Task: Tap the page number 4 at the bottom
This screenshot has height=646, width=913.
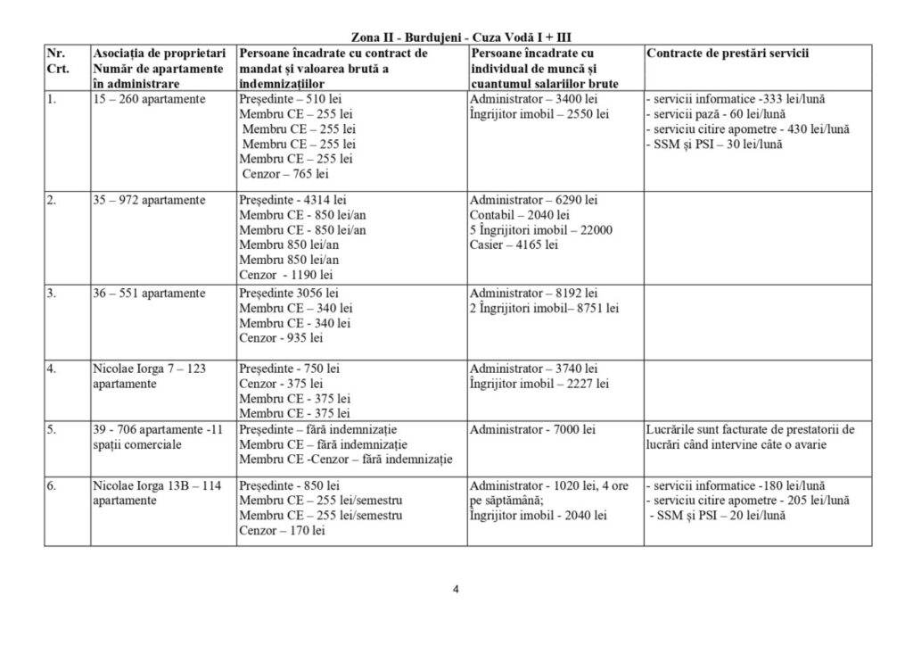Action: click(x=456, y=589)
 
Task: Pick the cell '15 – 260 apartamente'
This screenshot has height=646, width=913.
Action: click(x=149, y=98)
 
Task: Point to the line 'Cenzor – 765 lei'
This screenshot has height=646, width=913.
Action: click(x=285, y=174)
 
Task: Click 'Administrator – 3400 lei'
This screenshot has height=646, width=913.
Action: click(x=533, y=98)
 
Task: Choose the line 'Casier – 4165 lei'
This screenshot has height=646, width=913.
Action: click(x=515, y=244)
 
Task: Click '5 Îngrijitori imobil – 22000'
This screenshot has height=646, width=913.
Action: click(x=540, y=229)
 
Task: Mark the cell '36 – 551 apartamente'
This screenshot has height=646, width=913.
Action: click(x=149, y=293)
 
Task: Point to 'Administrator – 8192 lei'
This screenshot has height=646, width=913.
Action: click(x=533, y=293)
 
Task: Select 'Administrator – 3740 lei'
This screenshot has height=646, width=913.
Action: click(x=533, y=369)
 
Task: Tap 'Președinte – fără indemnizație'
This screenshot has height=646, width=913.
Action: click(x=317, y=429)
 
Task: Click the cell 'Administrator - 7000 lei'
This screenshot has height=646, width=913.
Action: click(x=532, y=429)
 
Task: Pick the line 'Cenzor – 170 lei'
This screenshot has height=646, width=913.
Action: click(x=282, y=531)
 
